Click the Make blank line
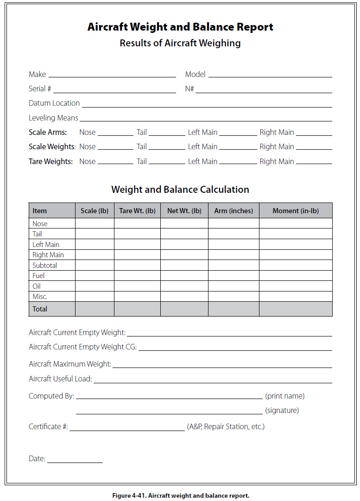pos(112,76)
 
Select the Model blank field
pos(270,76)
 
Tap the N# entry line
pos(263,91)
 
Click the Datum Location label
pos(54,103)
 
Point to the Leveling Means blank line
pos(206,120)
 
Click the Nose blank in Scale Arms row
pos(115,134)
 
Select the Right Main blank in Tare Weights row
pos(314,163)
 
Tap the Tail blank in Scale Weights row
pos(166,148)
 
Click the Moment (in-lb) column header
pos(296,211)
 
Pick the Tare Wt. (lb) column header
pos(137,211)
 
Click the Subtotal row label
pos(45,266)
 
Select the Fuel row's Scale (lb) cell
pos(95,276)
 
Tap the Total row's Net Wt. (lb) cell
pos(184,309)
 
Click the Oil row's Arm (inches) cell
pos(234,286)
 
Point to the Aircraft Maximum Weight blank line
pos(222,366)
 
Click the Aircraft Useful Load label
pos(60,379)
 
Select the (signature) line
pos(169,412)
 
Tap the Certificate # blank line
pos(127,429)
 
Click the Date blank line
pos(75,461)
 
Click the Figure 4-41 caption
pos(181,495)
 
